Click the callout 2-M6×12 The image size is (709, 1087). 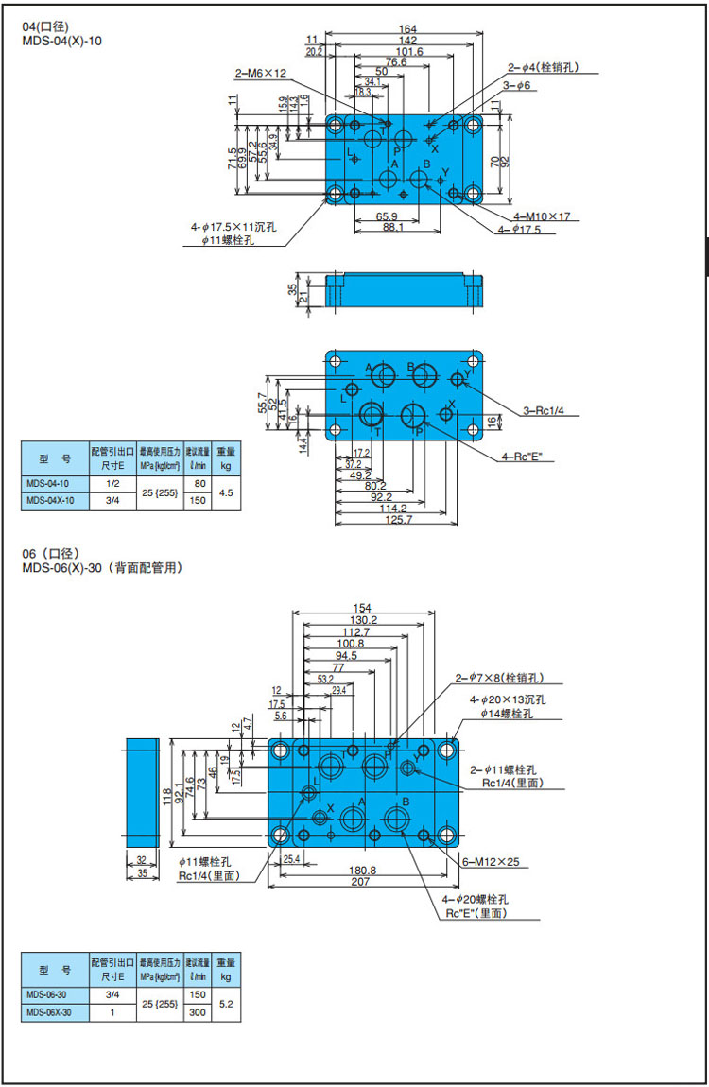click(x=260, y=73)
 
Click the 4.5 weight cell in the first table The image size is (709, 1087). click(x=226, y=492)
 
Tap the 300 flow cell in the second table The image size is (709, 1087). click(x=199, y=1012)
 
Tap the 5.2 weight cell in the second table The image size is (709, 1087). click(x=226, y=1004)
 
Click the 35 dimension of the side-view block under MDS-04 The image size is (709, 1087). click(x=292, y=288)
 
